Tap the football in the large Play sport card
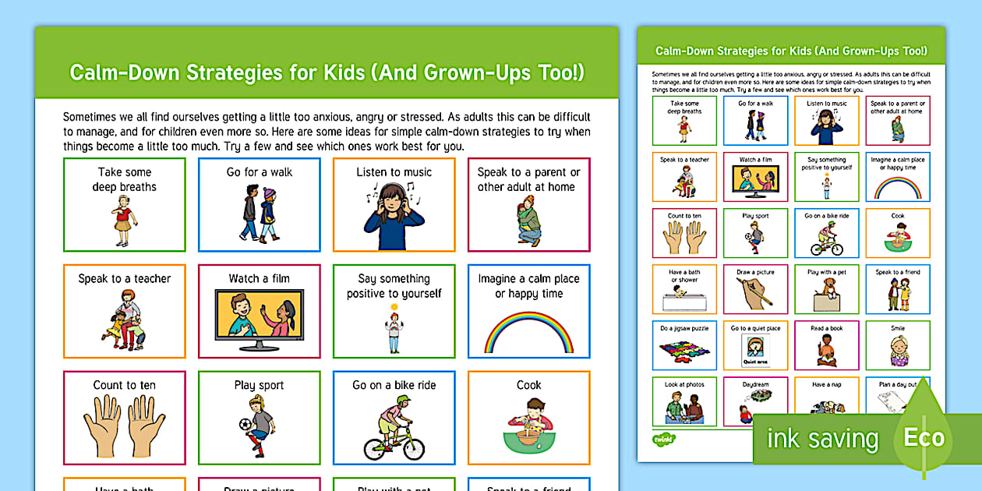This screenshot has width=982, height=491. coord(245,426)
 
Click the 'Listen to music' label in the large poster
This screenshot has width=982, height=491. coord(394,172)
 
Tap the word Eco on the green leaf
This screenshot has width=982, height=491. coord(924,437)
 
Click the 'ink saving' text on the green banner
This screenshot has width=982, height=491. coord(822,439)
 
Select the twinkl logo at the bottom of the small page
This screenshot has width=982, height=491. coord(663,439)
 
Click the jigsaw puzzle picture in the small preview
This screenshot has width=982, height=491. coord(684,348)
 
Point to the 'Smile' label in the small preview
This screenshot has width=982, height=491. coord(898,329)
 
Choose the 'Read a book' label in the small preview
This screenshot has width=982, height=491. coord(826,329)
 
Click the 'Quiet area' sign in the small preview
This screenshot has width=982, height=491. coord(754,361)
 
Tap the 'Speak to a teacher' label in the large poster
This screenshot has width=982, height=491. coord(125,278)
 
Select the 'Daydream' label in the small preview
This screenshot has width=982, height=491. coord(755,384)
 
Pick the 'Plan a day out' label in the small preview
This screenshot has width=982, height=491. coord(897,384)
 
